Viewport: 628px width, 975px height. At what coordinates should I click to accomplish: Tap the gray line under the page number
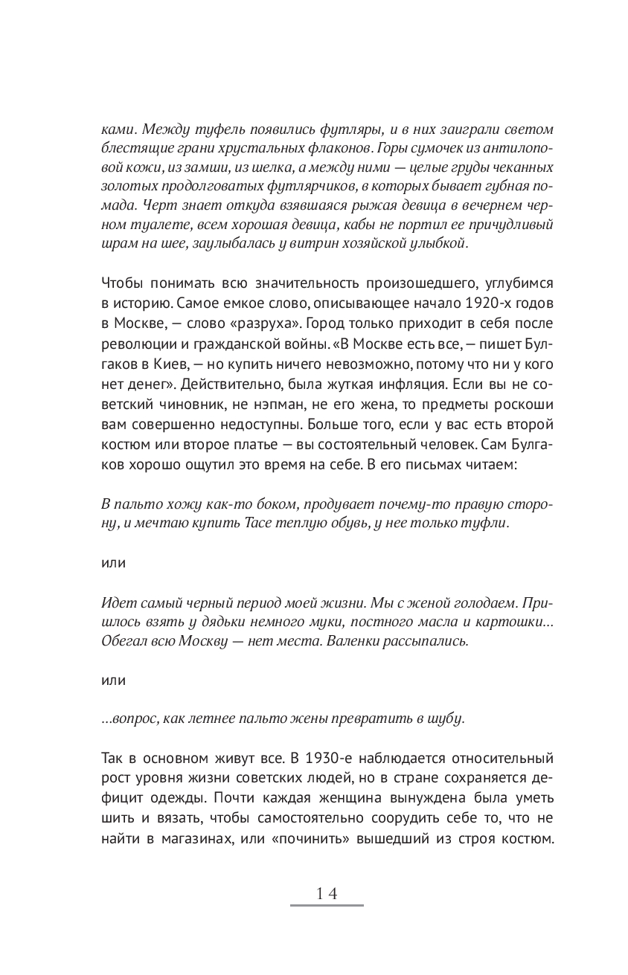pos(327,906)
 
